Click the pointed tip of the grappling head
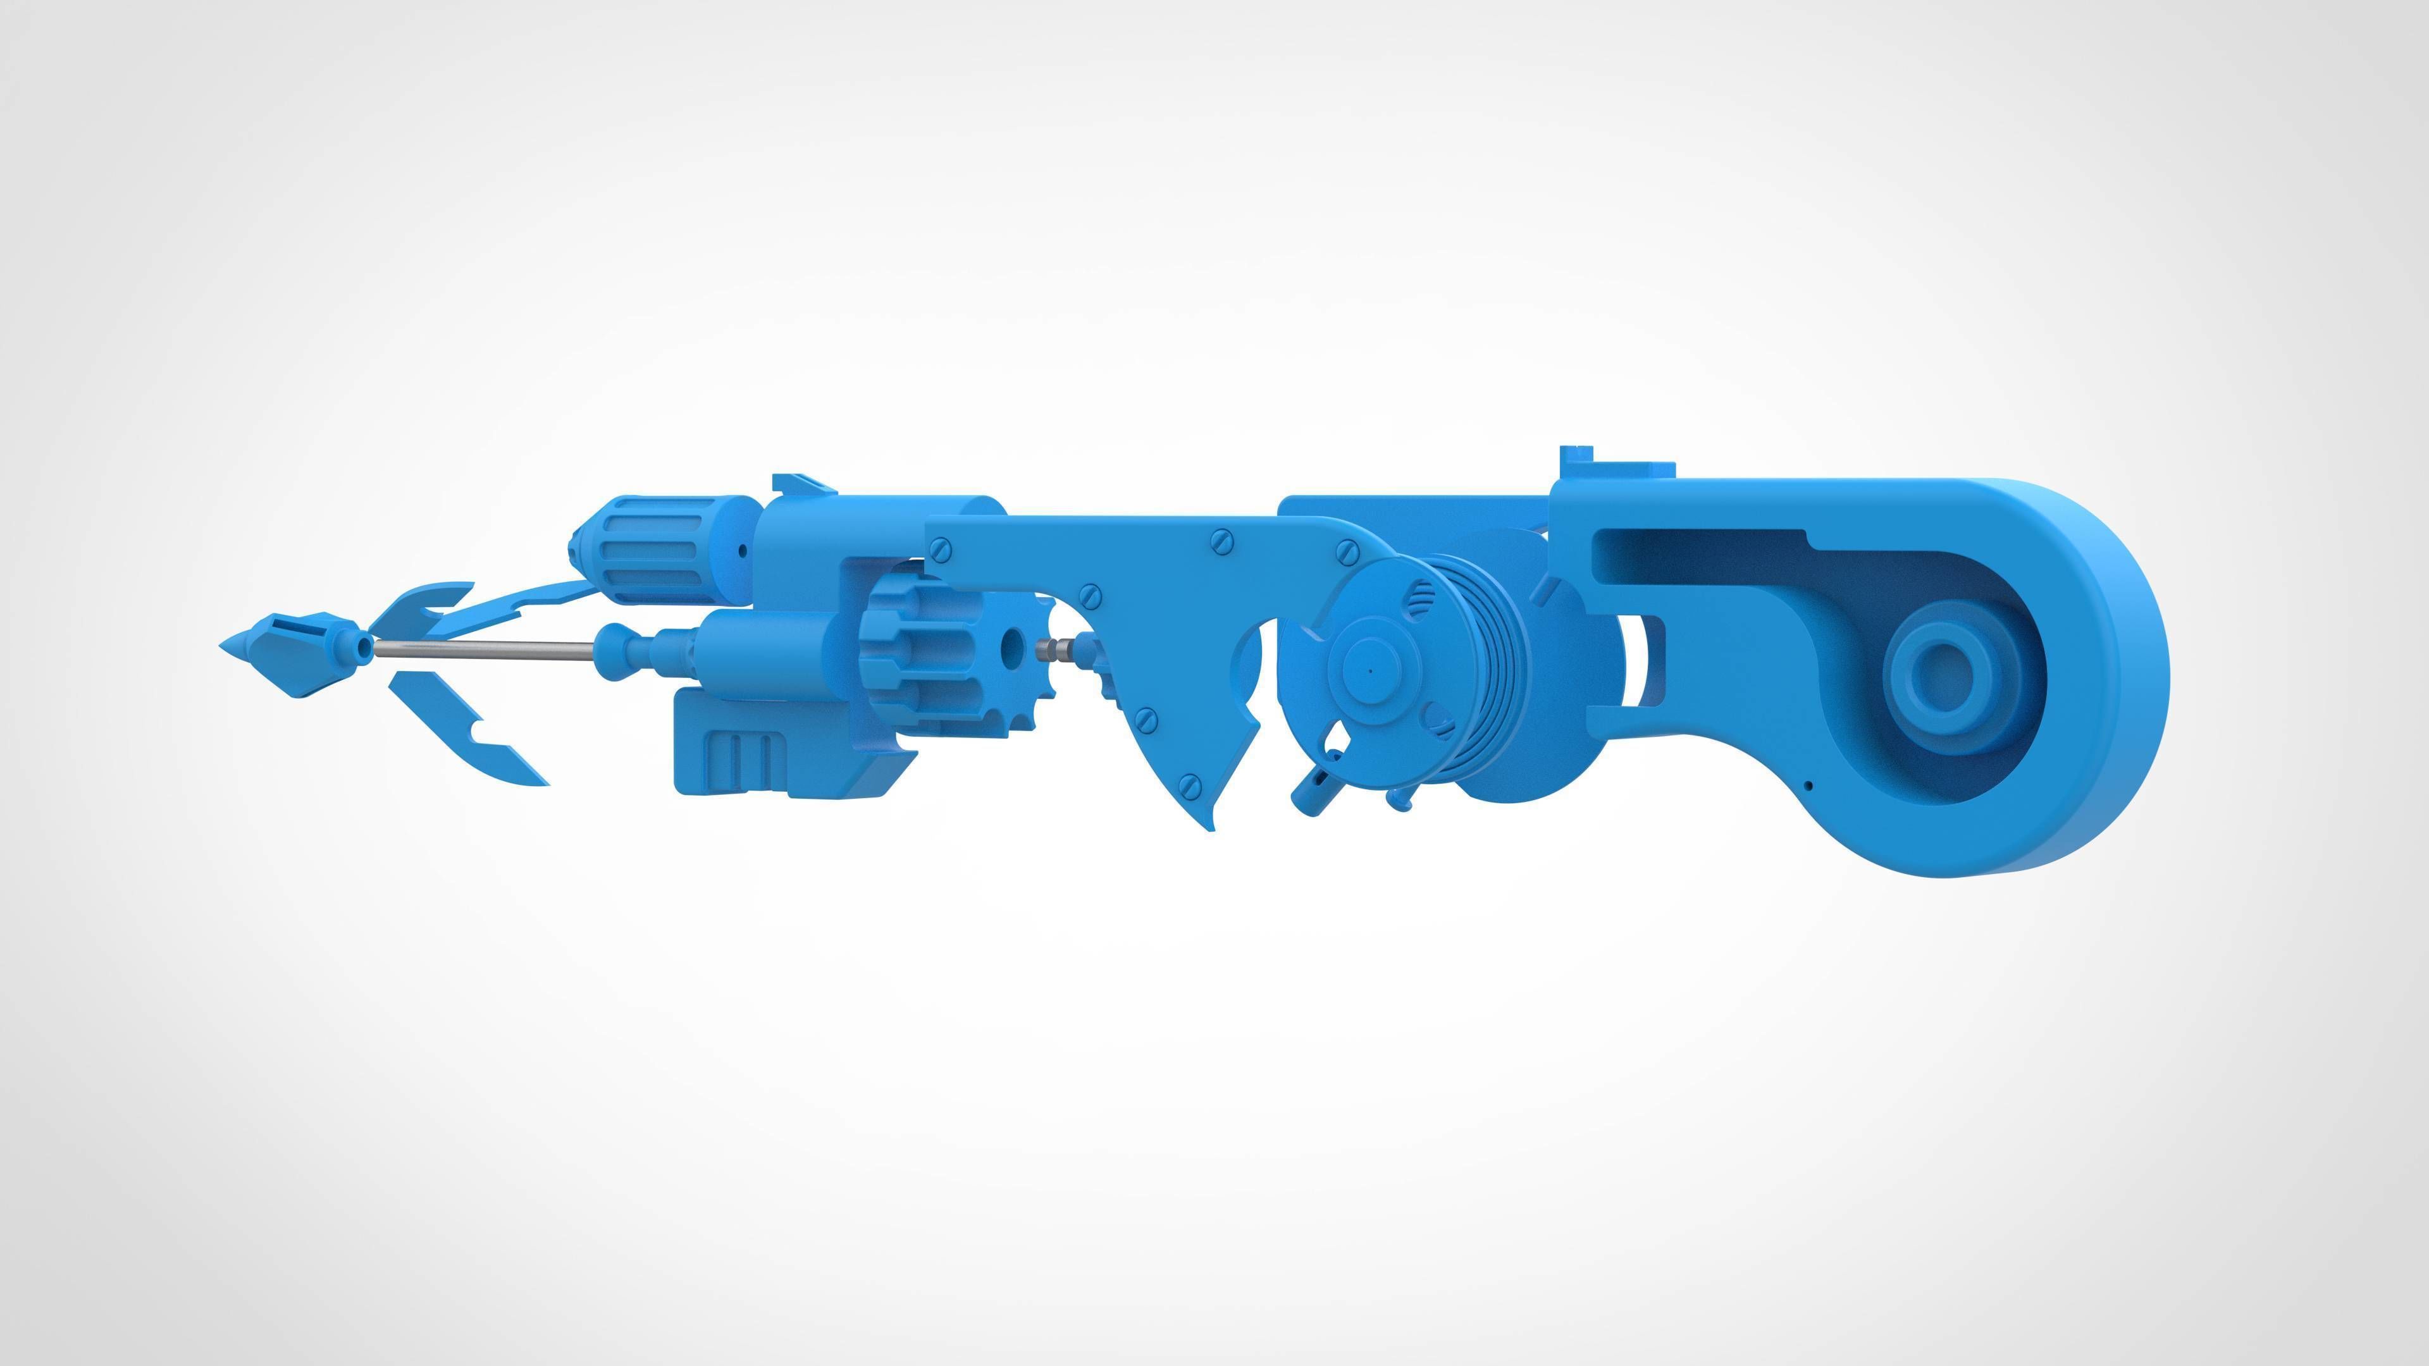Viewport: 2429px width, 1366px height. pos(226,644)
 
